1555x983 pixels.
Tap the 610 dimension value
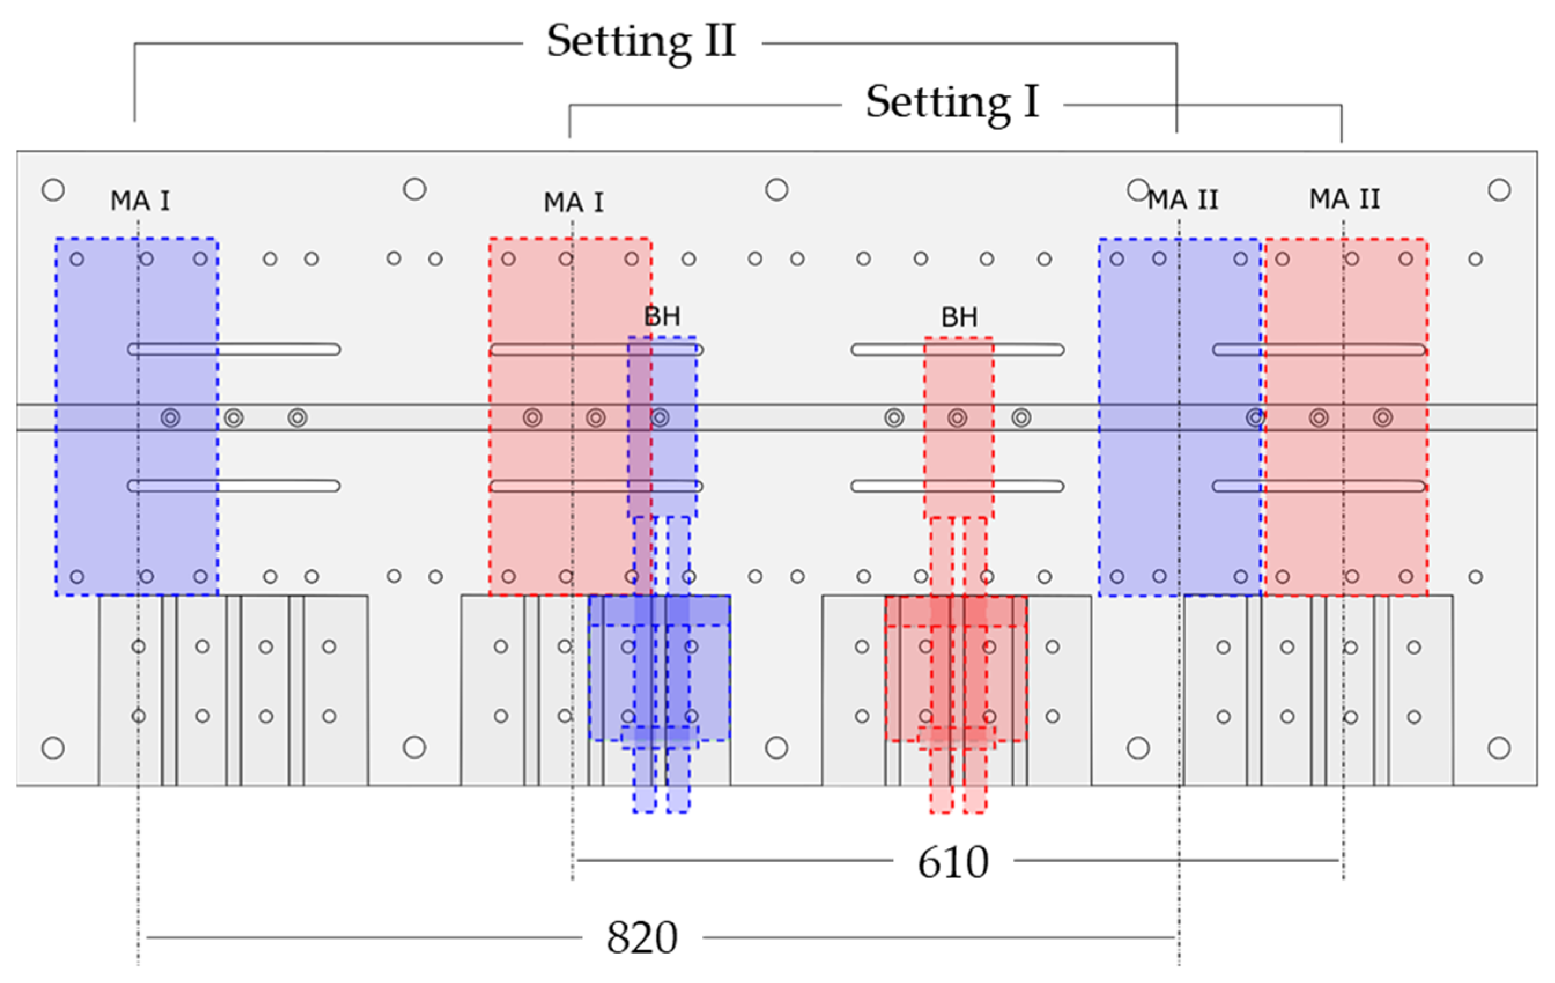(953, 862)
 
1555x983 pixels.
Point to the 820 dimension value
(641, 938)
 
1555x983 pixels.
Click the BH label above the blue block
(662, 317)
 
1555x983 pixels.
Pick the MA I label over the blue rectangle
(140, 201)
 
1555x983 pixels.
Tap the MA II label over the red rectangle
(1345, 199)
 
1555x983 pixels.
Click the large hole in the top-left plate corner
(53, 190)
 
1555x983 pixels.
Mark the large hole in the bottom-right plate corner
(1499, 748)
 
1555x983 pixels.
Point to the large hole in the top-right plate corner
(1499, 190)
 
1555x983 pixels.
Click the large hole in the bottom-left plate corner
(53, 748)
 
